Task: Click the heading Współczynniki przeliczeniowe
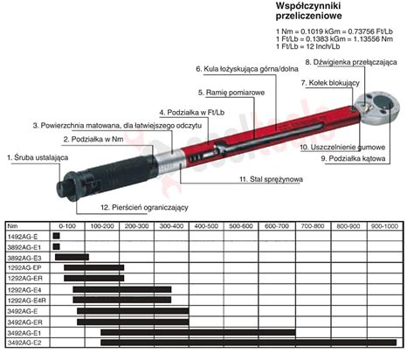click(309, 10)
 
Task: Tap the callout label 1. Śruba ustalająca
click(38, 158)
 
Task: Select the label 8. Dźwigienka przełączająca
click(351, 62)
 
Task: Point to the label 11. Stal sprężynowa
click(271, 179)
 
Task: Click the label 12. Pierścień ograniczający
click(145, 208)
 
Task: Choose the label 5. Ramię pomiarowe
click(231, 93)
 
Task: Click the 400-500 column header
click(206, 226)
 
